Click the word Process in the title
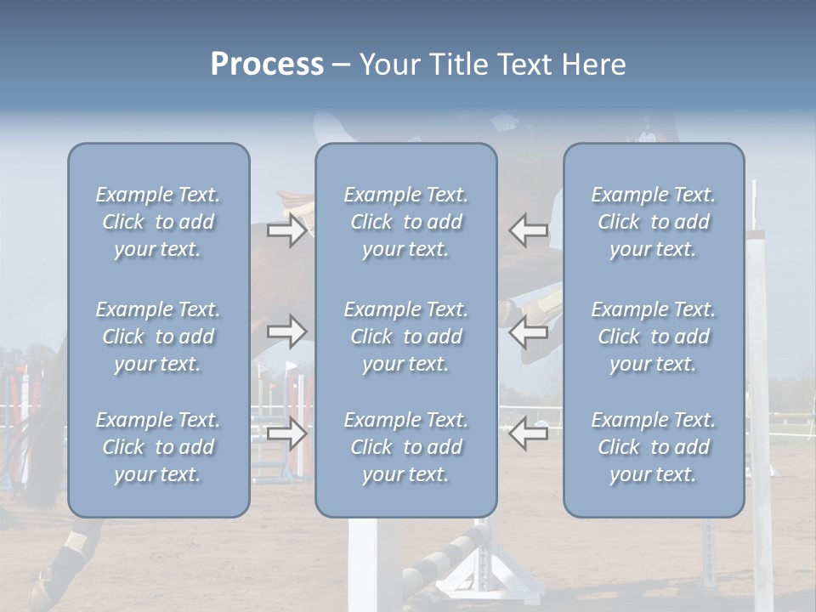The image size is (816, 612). [267, 65]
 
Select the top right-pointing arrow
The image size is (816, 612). [286, 230]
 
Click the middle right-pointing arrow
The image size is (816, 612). [286, 331]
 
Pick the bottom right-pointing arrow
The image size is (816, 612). [286, 433]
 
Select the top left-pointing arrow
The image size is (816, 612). [529, 230]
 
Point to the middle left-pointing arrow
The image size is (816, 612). [529, 331]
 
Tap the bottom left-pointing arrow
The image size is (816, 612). [529, 433]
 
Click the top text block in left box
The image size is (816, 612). [158, 222]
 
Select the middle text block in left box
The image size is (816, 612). [158, 337]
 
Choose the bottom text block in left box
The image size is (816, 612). [158, 447]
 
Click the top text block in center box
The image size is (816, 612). [405, 222]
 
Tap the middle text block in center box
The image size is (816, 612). [405, 337]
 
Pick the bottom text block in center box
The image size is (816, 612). [405, 447]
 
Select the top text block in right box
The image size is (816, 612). [653, 222]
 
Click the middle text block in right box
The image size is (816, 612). [653, 337]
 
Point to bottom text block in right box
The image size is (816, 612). [653, 447]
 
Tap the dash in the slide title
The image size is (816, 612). [341, 65]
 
